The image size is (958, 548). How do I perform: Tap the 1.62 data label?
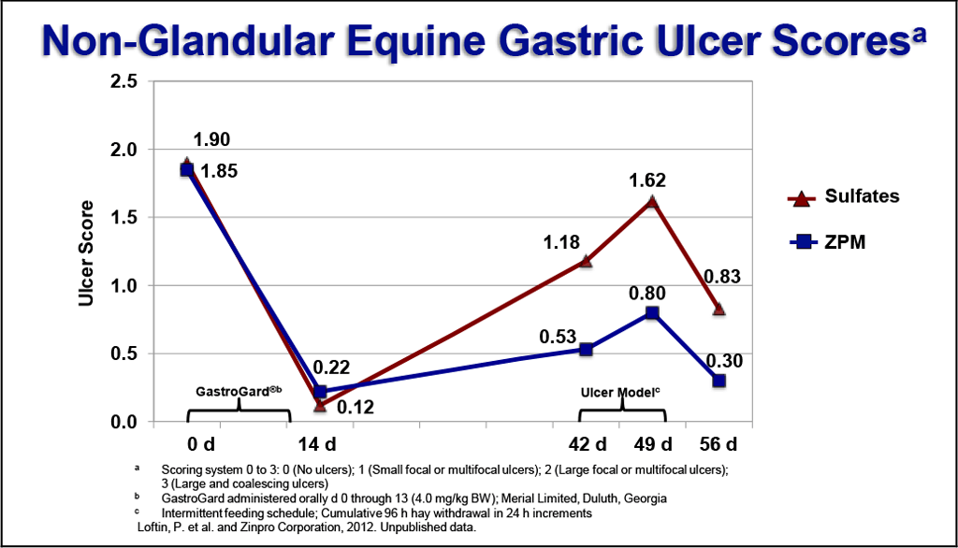(647, 180)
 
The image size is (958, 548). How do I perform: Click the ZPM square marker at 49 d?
(652, 313)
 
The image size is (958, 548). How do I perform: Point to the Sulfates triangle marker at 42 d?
(586, 261)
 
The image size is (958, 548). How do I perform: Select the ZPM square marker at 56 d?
(718, 381)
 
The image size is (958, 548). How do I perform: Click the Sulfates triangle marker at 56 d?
(718, 309)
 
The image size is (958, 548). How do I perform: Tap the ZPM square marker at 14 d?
(321, 392)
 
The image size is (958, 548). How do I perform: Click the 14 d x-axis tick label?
(320, 442)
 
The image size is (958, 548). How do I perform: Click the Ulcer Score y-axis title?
(86, 252)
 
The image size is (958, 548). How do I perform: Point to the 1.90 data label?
(211, 140)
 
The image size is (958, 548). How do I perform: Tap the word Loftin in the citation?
(155, 528)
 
